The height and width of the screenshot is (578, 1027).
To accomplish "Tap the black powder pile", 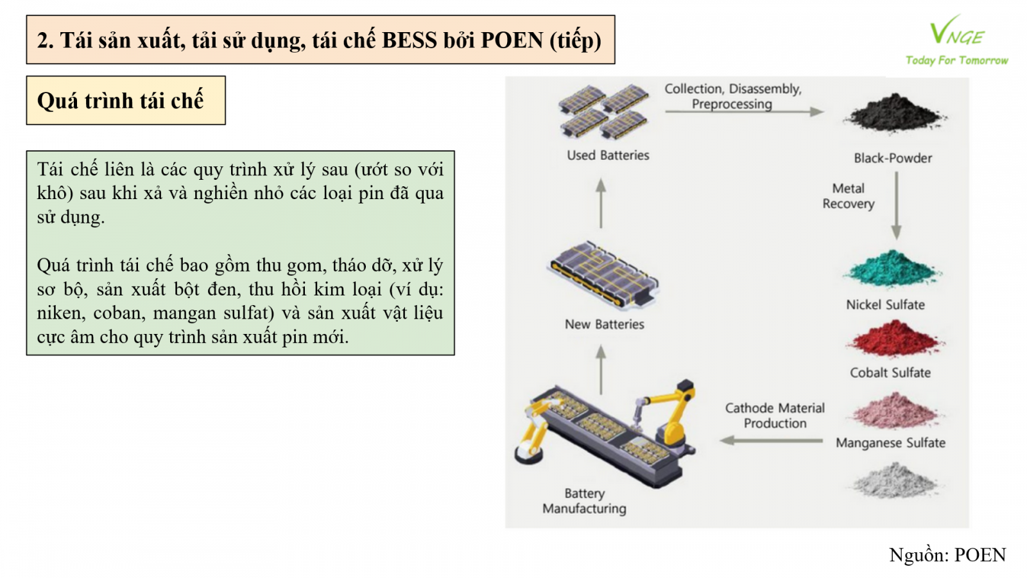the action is (x=894, y=112).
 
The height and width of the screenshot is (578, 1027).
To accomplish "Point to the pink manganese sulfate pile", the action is (x=895, y=410).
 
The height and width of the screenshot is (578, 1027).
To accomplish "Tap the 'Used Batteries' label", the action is (x=608, y=155).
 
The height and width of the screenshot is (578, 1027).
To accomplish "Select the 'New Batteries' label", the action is (x=604, y=324).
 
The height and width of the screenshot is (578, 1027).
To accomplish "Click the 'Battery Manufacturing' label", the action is (x=584, y=501).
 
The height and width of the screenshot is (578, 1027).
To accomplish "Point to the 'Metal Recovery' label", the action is (x=848, y=196).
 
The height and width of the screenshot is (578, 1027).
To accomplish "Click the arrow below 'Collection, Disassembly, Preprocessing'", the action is (x=745, y=112).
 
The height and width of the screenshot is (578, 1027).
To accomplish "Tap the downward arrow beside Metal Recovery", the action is (x=896, y=206).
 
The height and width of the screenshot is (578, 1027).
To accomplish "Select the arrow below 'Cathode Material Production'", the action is (x=771, y=441).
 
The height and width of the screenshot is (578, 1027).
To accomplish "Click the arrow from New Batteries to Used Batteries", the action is (x=601, y=203).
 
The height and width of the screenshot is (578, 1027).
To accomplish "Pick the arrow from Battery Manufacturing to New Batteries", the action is (x=601, y=370).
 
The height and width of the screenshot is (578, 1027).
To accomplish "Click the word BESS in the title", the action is (x=410, y=40).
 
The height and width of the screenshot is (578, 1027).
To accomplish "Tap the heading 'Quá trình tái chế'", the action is (x=120, y=100).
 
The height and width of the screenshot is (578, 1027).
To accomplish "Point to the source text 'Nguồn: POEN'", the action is (x=947, y=555).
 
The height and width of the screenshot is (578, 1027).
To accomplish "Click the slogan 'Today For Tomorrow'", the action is (x=957, y=60).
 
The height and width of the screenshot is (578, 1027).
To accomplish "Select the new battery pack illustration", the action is (x=603, y=275).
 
